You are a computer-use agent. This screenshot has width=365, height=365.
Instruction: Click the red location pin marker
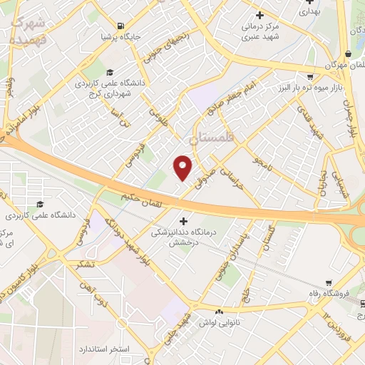pos(183,168)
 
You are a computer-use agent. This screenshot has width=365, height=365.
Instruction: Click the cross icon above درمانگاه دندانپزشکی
pos(185,220)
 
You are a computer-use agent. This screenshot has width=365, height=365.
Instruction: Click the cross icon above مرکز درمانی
pos(259,15)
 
